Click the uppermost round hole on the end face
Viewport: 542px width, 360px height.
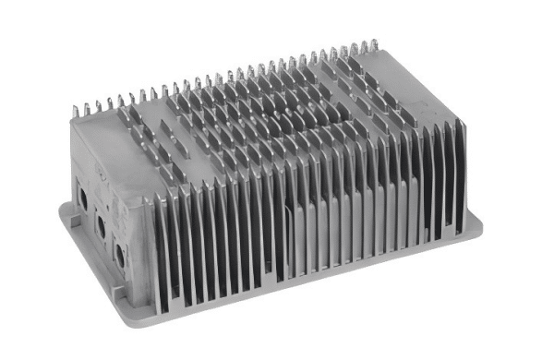(x=83, y=196)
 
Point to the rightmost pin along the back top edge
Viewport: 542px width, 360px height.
(x=377, y=43)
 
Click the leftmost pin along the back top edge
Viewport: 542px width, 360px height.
(x=75, y=110)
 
